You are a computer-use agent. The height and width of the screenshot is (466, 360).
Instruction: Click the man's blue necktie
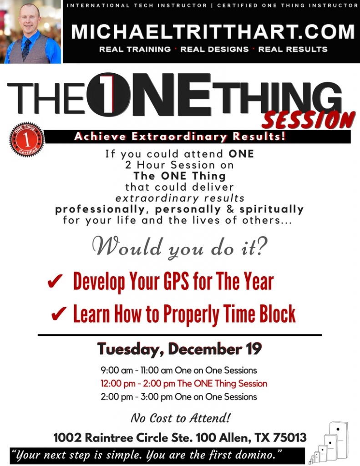coord(26,49)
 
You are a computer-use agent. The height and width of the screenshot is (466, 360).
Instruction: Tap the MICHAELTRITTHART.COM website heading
coord(213,31)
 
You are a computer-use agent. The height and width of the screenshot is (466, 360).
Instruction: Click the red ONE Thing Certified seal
coord(27,139)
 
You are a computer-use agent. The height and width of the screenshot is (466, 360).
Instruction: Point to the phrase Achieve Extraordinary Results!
coord(180,137)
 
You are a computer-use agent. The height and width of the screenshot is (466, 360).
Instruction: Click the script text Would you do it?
coord(180,247)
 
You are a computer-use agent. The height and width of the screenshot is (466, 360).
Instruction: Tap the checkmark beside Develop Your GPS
coord(55,281)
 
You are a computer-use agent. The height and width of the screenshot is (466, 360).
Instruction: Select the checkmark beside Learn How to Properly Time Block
coord(59,314)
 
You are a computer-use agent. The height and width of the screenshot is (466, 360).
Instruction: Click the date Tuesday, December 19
coord(179,349)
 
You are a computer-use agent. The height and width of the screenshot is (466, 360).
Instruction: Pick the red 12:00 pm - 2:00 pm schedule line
coord(184,383)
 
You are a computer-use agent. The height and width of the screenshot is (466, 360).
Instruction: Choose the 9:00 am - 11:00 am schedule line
coord(179,370)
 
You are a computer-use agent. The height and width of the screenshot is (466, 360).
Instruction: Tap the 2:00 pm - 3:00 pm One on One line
coord(179,397)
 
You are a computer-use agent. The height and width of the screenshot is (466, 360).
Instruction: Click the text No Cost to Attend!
coord(180,418)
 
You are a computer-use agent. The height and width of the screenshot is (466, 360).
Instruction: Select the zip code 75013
coord(289,437)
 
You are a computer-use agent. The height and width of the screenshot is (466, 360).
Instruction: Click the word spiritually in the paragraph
coord(271,209)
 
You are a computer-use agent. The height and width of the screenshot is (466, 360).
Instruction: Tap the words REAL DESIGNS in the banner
coord(214,49)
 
